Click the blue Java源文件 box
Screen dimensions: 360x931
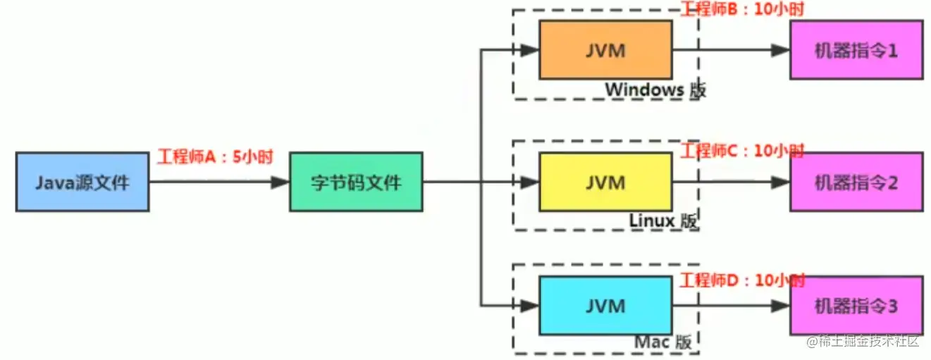pyautogui.click(x=82, y=182)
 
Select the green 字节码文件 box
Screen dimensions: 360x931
pyautogui.click(x=356, y=182)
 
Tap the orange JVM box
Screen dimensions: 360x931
pyautogui.click(x=605, y=50)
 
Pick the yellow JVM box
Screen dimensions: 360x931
pyautogui.click(x=605, y=182)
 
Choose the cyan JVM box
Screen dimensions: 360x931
pyautogui.click(x=605, y=305)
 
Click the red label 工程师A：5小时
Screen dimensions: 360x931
pyautogui.click(x=214, y=156)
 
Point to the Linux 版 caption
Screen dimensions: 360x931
pyautogui.click(x=663, y=221)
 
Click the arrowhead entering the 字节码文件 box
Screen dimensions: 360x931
pyautogui.click(x=280, y=182)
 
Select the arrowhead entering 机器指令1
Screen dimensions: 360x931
pyautogui.click(x=780, y=50)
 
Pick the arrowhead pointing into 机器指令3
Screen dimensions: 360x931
pyautogui.click(x=780, y=305)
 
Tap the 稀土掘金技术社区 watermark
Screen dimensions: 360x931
pyautogui.click(x=863, y=342)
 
